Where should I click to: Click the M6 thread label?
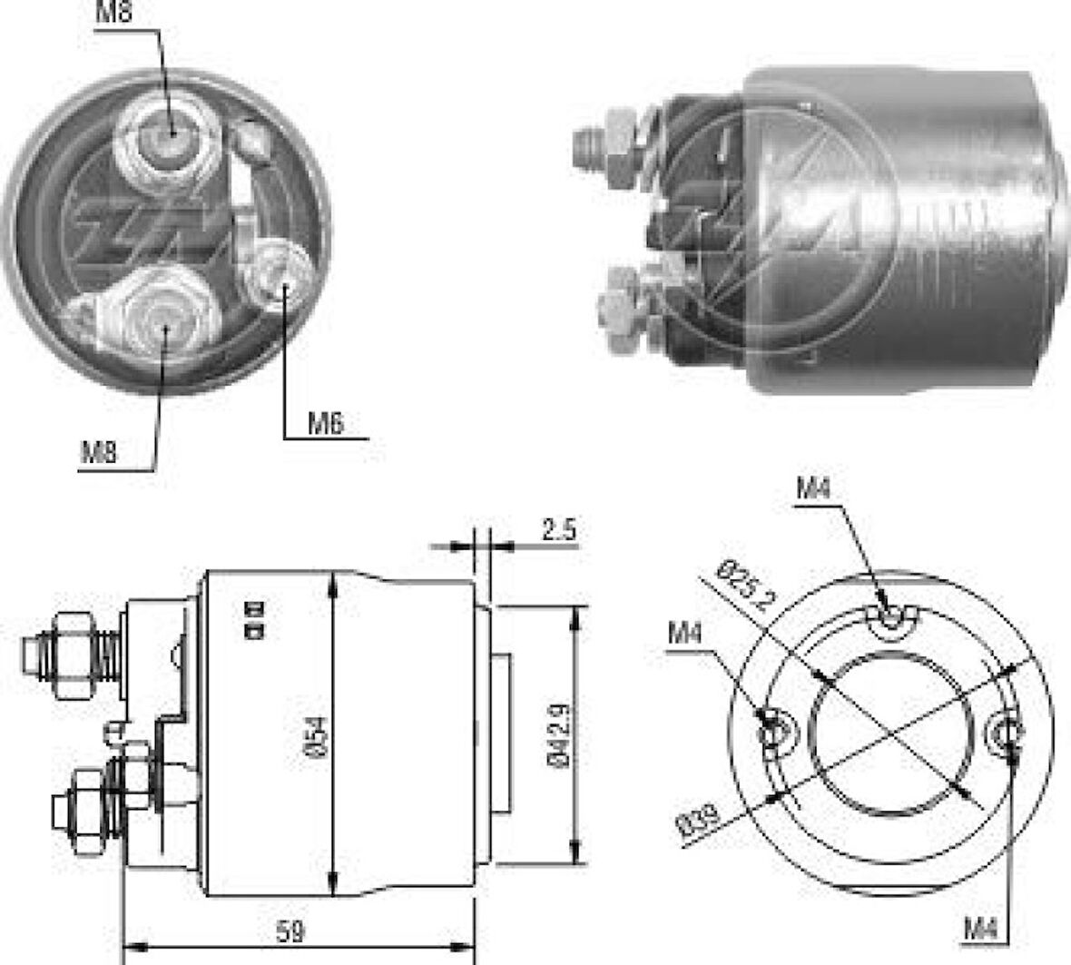tap(326, 424)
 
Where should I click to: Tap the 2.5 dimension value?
tap(558, 530)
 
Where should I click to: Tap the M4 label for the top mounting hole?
tap(813, 489)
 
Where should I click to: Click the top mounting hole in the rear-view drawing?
tap(894, 620)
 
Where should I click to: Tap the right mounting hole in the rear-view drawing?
tap(1007, 732)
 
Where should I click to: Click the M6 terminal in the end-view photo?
tap(276, 278)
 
